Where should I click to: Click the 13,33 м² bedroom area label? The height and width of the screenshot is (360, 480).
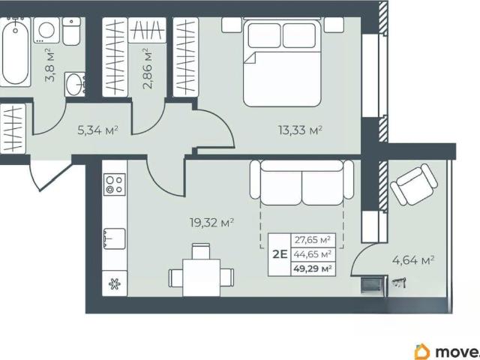click(x=300, y=130)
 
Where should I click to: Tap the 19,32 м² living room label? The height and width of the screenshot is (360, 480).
click(x=211, y=223)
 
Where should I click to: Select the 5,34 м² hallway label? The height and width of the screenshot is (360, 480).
click(x=98, y=130)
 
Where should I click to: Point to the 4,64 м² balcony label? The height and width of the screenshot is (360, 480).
click(x=413, y=260)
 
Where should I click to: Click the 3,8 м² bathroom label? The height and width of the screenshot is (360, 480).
click(x=50, y=65)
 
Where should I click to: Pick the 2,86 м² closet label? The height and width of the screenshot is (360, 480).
click(x=148, y=68)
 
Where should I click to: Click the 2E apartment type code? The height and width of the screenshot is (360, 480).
click(x=280, y=254)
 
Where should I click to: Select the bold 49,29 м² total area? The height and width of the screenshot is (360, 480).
click(x=313, y=268)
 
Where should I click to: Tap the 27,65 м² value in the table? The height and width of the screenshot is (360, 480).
click(x=313, y=240)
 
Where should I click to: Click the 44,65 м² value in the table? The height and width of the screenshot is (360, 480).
click(x=313, y=254)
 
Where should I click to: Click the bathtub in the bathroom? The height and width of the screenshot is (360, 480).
click(x=15, y=52)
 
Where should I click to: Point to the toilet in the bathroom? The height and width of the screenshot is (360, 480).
click(x=72, y=31)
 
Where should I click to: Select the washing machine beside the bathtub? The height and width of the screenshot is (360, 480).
click(x=46, y=30)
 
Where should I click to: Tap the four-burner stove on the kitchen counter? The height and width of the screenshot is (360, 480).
click(x=115, y=184)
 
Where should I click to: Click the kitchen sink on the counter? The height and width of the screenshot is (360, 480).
click(x=114, y=238)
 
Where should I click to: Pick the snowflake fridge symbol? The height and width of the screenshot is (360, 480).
click(x=115, y=284)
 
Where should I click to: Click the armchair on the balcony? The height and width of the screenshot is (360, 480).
click(x=414, y=184)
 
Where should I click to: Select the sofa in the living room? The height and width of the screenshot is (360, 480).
click(x=301, y=182)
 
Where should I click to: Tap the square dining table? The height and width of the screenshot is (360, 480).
click(x=202, y=277)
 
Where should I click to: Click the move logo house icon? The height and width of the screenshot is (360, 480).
click(x=422, y=352)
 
